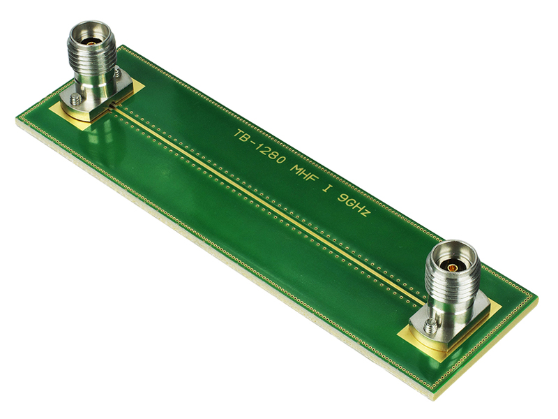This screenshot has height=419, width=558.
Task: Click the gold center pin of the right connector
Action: coord(452,266)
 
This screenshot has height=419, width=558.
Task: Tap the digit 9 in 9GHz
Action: coord(340,196)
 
